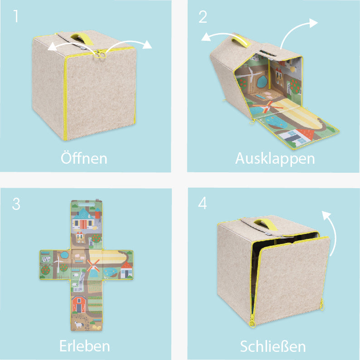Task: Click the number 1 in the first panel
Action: pos(15,16)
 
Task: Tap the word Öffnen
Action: pos(84,158)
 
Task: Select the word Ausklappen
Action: pos(275,159)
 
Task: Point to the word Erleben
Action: pos(84,346)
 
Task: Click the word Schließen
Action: pos(273,346)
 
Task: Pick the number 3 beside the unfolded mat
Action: pos(16,204)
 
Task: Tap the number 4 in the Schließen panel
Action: pos(203,203)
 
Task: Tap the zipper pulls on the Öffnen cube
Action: pos(100,54)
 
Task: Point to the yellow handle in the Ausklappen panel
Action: pos(241,42)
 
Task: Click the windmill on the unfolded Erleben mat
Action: pos(93,268)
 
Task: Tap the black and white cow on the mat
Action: pos(46,259)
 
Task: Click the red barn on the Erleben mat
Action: pos(79,304)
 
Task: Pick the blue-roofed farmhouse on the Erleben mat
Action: pos(83,219)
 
